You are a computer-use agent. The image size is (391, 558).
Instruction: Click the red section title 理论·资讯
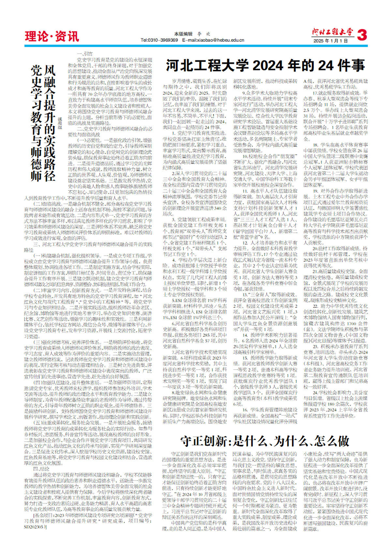pyautogui.click(x=52, y=36)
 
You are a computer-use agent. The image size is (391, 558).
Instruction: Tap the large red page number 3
pyautogui.click(x=362, y=35)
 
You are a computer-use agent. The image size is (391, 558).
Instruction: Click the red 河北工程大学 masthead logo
pyautogui.click(x=332, y=32)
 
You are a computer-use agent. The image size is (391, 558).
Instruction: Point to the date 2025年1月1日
pyautogui.click(x=331, y=41)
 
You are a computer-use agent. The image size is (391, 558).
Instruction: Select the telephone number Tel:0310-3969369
pyautogui.click(x=159, y=40)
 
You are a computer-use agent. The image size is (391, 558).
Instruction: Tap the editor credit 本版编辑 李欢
pyautogui.click(x=192, y=34)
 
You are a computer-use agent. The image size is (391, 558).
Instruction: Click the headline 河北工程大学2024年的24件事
pyautogui.click(x=265, y=66)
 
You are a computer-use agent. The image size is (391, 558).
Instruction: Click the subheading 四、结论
pyautogui.click(x=41, y=469)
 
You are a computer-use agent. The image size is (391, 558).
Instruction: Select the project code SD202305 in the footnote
pyautogui.click(x=34, y=526)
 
